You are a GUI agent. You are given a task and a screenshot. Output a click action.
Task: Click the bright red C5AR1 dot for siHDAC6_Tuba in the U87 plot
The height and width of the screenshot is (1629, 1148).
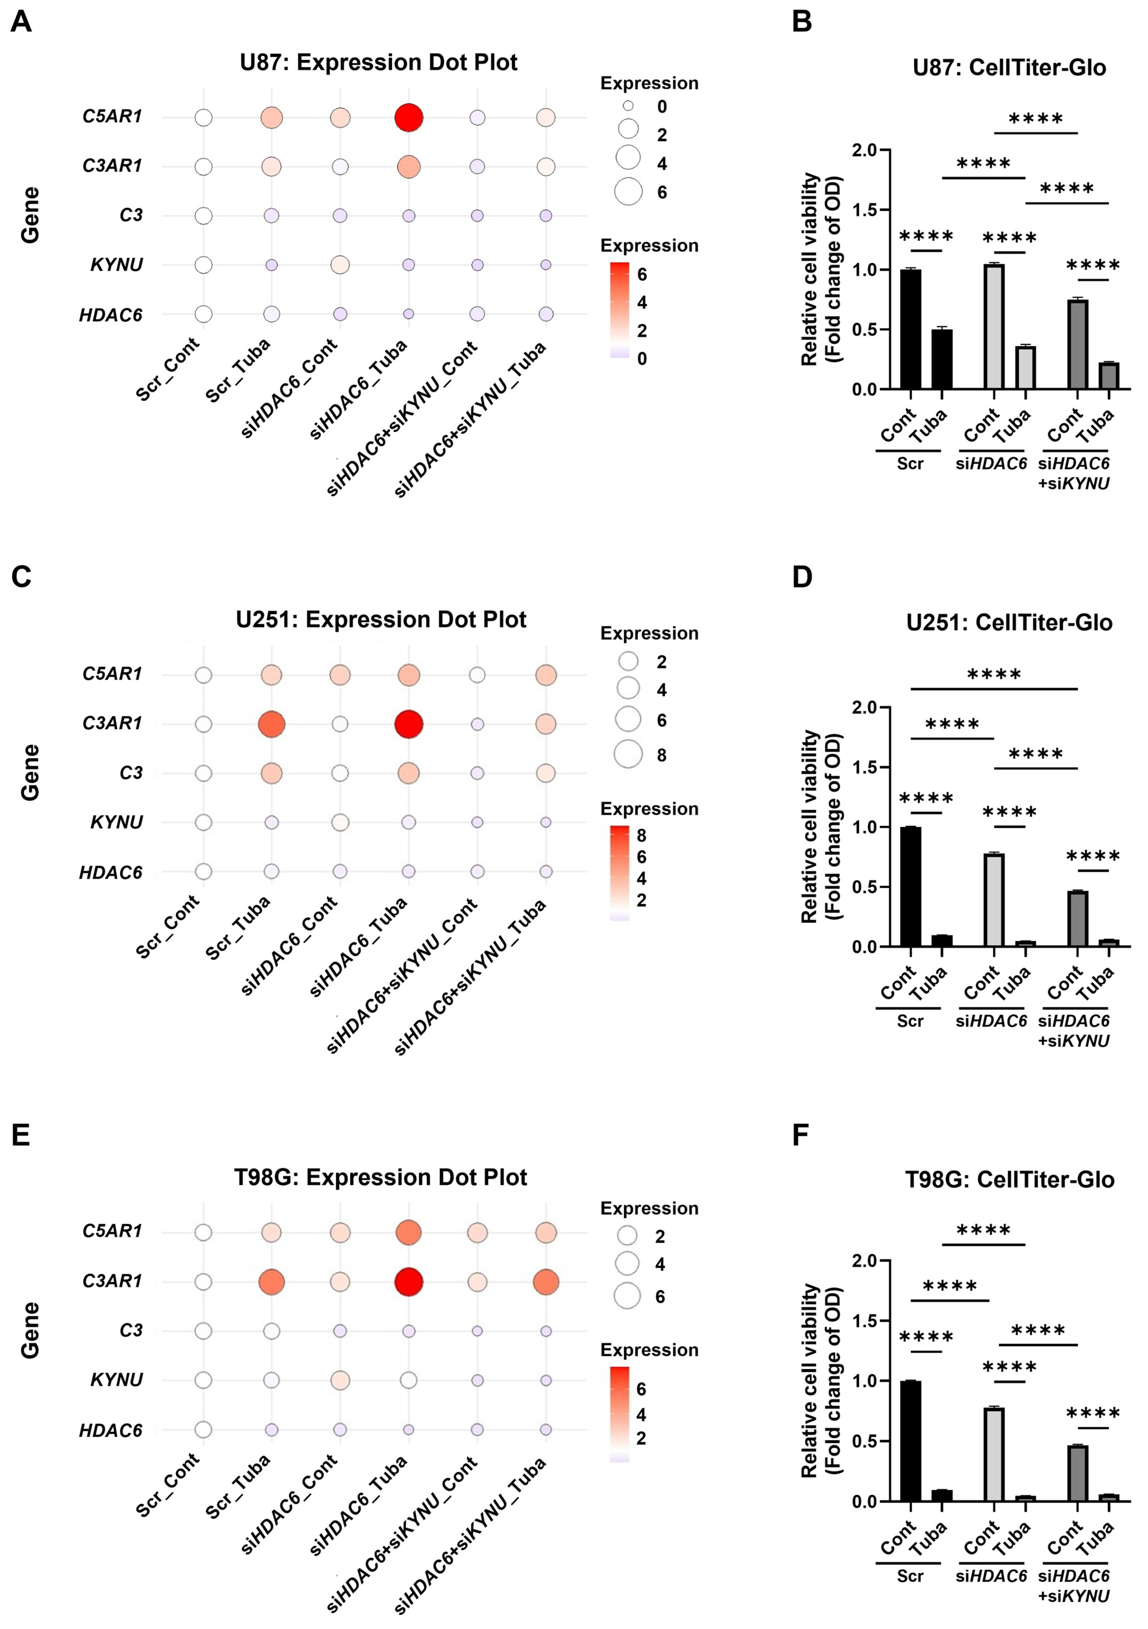[x=408, y=117]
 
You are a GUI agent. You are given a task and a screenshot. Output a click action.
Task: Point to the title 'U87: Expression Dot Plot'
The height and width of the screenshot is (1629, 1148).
[x=378, y=62]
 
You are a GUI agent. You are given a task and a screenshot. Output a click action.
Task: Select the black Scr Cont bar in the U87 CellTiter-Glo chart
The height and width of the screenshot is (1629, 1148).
[x=910, y=329]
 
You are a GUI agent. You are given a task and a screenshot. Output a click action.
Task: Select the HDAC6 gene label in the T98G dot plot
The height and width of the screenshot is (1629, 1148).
[x=111, y=1430]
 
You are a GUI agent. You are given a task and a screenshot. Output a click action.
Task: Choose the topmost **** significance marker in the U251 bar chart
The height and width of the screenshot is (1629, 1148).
[x=994, y=674]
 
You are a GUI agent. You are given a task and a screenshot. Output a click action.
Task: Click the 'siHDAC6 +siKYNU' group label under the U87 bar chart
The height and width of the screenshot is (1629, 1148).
[x=1073, y=473]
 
